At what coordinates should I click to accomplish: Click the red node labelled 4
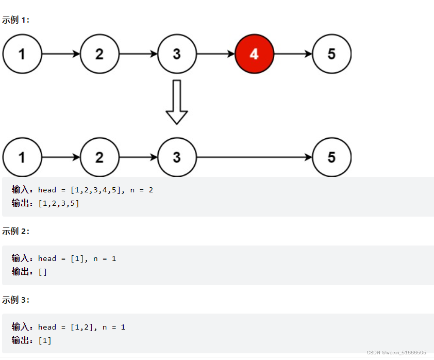pyautogui.click(x=254, y=54)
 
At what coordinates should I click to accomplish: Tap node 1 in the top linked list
pyautogui.click(x=22, y=54)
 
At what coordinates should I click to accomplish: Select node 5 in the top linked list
pyautogui.click(x=331, y=54)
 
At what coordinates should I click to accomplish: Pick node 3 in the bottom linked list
pyautogui.click(x=177, y=157)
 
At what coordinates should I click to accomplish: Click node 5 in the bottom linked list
pyautogui.click(x=331, y=157)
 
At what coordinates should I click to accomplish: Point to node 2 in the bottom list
pyautogui.click(x=99, y=157)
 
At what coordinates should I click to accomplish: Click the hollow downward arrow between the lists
pyautogui.click(x=177, y=102)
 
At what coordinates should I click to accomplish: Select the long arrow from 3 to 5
pyautogui.click(x=255, y=157)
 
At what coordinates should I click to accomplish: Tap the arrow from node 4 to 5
pyautogui.click(x=293, y=54)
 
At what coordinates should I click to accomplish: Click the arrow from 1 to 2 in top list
pyautogui.click(x=61, y=54)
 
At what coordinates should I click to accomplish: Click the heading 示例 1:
pyautogui.click(x=16, y=20)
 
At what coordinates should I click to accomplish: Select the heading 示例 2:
pyautogui.click(x=16, y=232)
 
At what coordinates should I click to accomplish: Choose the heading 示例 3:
pyautogui.click(x=16, y=300)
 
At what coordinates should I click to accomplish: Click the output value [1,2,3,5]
pyautogui.click(x=59, y=203)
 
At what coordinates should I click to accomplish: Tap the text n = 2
pyautogui.click(x=141, y=190)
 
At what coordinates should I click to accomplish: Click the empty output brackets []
pyautogui.click(x=43, y=272)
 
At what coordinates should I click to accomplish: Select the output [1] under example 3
pyautogui.click(x=45, y=340)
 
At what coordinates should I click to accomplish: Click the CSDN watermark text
pyautogui.click(x=396, y=352)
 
